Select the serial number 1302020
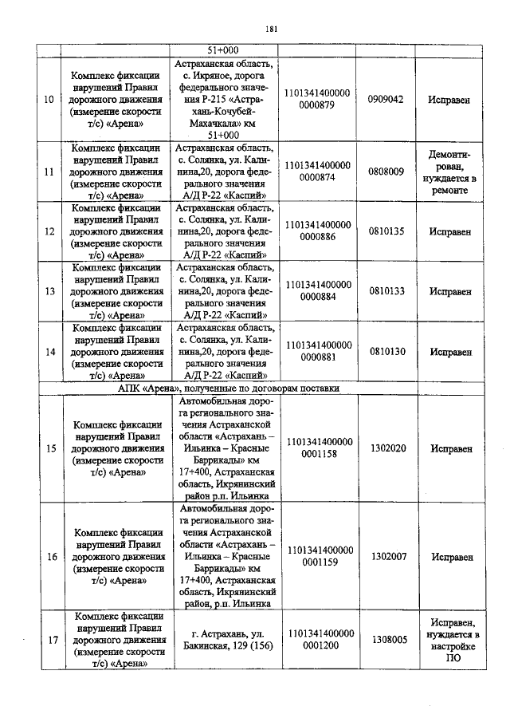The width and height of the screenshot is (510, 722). coord(389,448)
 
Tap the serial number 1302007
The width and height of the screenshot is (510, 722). coord(389,556)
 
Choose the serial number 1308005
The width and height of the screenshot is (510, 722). coord(389,640)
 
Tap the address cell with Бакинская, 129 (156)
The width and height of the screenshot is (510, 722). coord(228,640)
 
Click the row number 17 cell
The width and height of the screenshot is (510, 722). coord(51,640)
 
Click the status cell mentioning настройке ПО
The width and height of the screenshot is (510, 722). coord(453,640)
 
